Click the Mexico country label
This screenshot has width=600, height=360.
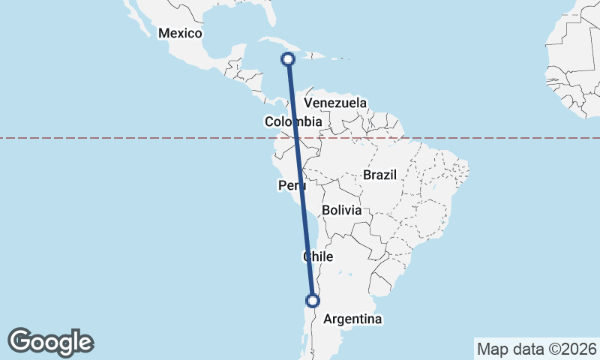181,34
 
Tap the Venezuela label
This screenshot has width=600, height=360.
335,103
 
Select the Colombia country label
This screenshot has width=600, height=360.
293,121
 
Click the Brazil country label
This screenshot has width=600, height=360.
379,175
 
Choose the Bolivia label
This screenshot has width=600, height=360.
342,211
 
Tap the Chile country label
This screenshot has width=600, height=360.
317,256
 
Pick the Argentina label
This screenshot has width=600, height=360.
352,319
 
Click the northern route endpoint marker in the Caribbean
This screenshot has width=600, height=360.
288,58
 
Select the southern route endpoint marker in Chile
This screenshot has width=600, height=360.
313,301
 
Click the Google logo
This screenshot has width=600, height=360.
50,342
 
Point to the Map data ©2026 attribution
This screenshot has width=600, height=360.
537,349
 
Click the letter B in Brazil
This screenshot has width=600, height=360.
367,175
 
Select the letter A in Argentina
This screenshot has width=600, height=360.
328,319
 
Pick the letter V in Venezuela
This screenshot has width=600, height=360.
308,103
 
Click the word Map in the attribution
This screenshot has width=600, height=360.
491,349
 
